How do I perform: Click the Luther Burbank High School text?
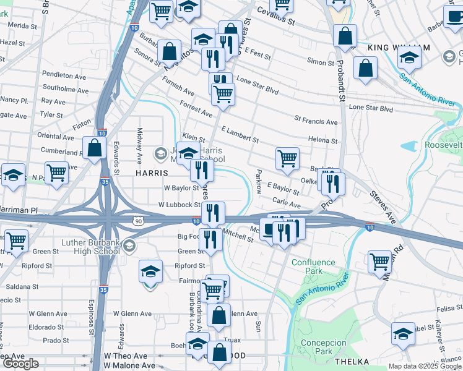coord(91,247)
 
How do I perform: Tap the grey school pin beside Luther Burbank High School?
coord(129,247)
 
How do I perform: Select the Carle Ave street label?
coord(287,203)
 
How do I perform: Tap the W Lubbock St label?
coord(180,205)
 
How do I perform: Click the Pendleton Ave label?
coord(58,75)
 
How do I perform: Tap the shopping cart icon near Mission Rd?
coord(379,261)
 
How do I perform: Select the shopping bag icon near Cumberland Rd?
coord(94,148)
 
